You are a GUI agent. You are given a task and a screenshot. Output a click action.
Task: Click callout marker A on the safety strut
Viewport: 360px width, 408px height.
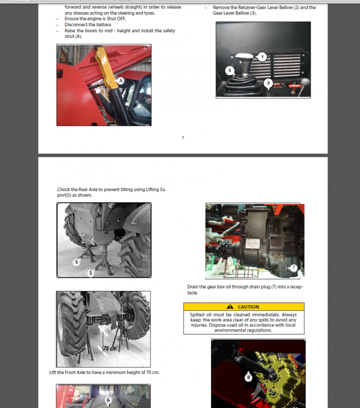(x=121, y=81)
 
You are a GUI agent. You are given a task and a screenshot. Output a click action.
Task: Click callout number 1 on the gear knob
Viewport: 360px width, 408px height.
(x=262, y=57)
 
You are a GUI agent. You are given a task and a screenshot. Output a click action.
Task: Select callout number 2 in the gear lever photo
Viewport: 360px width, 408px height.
(x=268, y=84)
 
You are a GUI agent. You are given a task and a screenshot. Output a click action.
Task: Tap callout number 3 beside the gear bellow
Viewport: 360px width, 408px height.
(x=229, y=71)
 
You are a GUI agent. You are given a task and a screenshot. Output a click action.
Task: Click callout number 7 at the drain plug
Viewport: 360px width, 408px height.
(x=293, y=267)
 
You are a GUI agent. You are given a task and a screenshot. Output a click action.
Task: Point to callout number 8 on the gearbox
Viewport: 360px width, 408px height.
(x=248, y=376)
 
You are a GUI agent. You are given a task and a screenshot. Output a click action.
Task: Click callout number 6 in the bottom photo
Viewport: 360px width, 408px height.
(x=108, y=400)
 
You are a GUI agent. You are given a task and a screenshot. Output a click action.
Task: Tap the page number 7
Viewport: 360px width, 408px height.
(x=183, y=138)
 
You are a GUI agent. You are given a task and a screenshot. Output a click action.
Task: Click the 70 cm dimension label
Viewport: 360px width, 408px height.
(x=110, y=349)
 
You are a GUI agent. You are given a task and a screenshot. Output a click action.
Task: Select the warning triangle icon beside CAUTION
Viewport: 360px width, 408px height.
(x=230, y=307)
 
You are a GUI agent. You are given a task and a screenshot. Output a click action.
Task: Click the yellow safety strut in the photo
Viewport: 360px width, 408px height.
(x=107, y=70)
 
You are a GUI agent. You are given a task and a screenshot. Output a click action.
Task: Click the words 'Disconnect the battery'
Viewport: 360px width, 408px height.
(x=88, y=25)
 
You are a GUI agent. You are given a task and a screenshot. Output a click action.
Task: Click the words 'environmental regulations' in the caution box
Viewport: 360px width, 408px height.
(x=243, y=330)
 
